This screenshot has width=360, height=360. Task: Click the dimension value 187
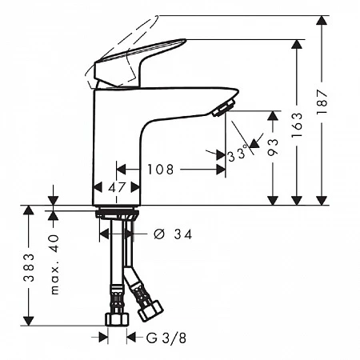tap(322, 102)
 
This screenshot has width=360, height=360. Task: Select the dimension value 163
tap(297, 125)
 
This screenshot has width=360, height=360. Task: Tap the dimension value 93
tap(273, 146)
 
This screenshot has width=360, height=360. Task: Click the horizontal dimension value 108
tap(161, 170)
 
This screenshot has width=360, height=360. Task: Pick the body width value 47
tap(117, 188)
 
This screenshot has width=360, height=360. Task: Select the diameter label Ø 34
tap(173, 234)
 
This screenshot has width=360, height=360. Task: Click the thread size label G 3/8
tap(166, 338)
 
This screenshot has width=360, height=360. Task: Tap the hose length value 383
tap(29, 267)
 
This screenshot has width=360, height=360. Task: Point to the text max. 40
tap(54, 265)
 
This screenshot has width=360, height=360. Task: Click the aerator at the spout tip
tap(224, 107)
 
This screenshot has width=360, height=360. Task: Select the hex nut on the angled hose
tap(150, 311)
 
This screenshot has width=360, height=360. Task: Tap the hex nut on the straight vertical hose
tap(117, 319)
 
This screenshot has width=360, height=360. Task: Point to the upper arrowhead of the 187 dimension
tap(322, 20)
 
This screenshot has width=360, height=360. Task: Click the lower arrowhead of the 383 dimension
tap(29, 321)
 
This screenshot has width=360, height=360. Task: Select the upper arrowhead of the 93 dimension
tap(273, 115)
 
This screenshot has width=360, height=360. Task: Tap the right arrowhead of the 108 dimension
tap(221, 170)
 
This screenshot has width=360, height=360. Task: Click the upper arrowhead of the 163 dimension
tap(297, 44)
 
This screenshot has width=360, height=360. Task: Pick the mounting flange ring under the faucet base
tap(117, 213)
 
